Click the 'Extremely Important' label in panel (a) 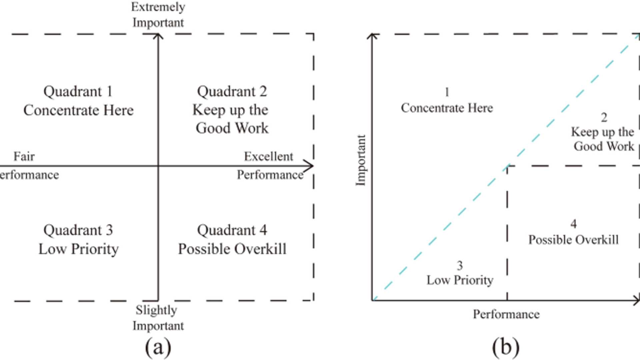[158, 15]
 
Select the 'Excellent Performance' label [269, 165]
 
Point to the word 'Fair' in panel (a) [24, 156]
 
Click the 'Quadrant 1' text [78, 91]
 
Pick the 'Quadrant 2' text [232, 91]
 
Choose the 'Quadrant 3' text [78, 230]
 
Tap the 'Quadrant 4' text [232, 230]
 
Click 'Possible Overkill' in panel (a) [232, 249]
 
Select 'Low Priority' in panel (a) [79, 249]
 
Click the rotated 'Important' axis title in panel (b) [361, 160]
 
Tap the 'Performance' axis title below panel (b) [506, 314]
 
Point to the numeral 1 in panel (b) [447, 92]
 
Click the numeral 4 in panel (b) [573, 224]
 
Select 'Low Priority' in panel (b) [460, 280]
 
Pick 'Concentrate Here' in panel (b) [447, 108]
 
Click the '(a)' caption [158, 347]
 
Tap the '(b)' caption [505, 347]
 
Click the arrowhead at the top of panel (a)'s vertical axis [158, 35]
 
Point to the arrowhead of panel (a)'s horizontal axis [310, 166]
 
